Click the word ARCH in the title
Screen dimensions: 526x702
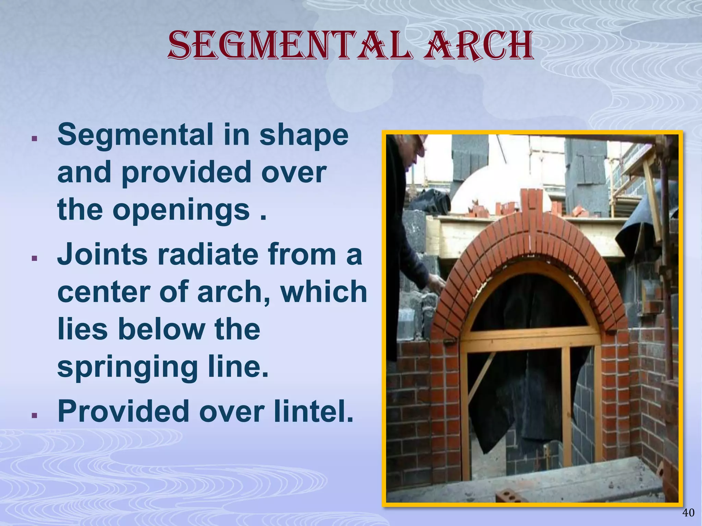tap(478, 46)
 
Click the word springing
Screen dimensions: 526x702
tap(128, 367)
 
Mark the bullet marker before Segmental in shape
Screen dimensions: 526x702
tap(34, 139)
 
